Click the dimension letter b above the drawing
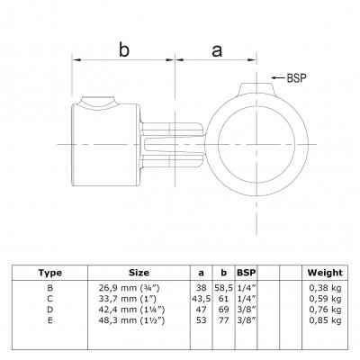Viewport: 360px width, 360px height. point(124,49)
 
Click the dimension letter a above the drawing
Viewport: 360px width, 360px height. point(217,50)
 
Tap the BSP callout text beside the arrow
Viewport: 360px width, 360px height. point(297,78)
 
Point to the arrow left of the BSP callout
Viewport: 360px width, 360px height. point(278,78)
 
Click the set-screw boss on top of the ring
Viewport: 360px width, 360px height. point(257,89)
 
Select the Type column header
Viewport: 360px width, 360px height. point(50,273)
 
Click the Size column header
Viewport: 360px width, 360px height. point(139,273)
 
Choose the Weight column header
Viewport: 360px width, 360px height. point(325,273)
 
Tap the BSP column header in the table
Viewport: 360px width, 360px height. point(247,273)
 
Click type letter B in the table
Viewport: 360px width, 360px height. point(50,288)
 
